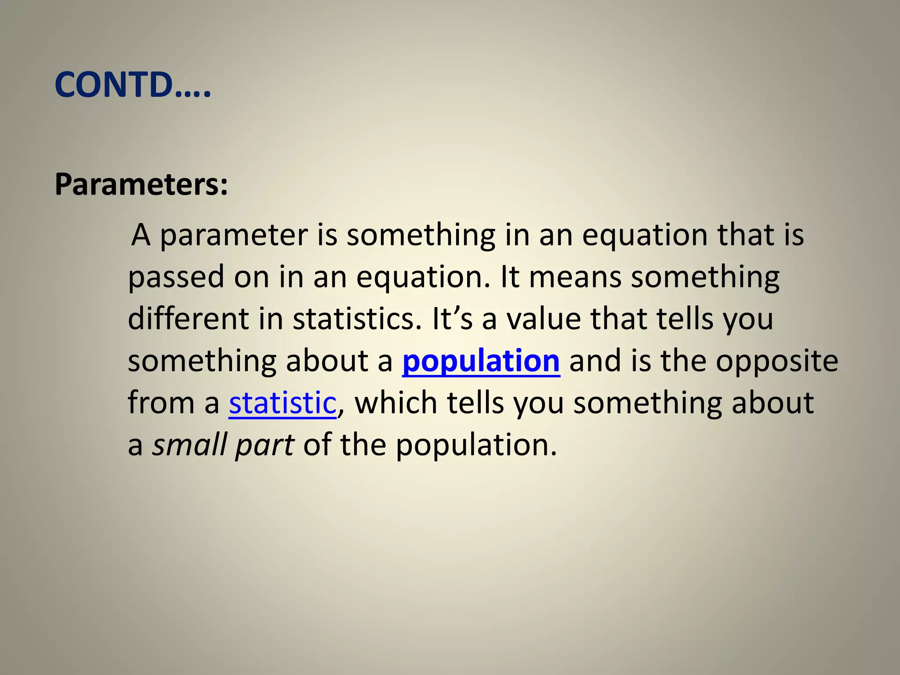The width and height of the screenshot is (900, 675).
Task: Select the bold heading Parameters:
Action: (x=141, y=184)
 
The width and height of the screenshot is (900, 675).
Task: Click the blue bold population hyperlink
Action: (x=481, y=361)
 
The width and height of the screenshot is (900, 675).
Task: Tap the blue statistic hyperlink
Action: (x=282, y=403)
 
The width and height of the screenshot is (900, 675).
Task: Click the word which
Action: (x=396, y=403)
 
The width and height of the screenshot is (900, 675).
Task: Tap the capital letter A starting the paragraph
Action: (x=141, y=235)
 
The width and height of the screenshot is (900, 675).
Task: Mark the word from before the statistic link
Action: (x=161, y=403)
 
